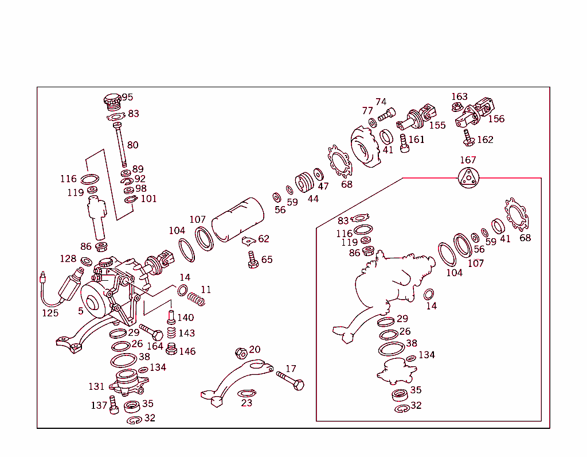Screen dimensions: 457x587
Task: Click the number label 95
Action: (127, 97)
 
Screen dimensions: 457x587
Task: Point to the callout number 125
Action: (50, 313)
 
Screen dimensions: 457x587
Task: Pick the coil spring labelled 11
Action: (197, 299)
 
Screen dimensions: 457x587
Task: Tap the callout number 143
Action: (186, 333)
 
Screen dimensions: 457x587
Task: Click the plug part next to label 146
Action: (171, 348)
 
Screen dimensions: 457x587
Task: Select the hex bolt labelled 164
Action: (151, 332)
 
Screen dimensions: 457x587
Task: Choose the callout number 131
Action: (96, 386)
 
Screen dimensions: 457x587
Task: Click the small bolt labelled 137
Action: (114, 405)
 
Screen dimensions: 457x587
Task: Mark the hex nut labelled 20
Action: (241, 351)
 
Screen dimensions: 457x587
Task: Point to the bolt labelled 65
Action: (252, 259)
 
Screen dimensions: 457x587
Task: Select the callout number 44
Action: (312, 199)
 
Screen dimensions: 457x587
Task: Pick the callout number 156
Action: (496, 119)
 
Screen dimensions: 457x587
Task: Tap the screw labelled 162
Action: (469, 138)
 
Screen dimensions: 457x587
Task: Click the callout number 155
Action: (437, 125)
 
